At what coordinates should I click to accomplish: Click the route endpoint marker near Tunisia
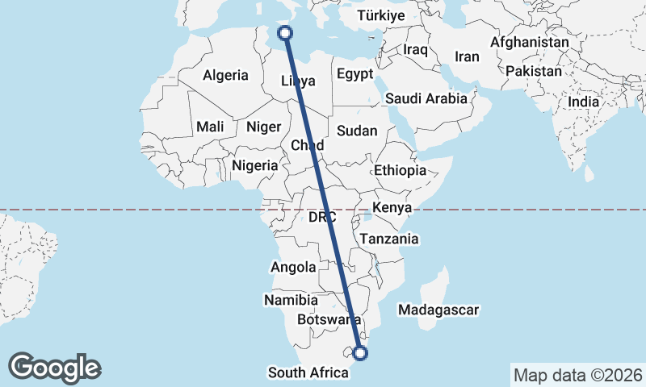coord(284,32)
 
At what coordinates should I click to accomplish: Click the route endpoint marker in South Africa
coord(361,352)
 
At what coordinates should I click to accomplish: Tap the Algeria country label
coord(225,75)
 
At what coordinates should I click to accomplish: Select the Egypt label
coord(354,73)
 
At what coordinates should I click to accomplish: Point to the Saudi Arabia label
coord(426,98)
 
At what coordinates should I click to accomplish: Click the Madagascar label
coord(439,310)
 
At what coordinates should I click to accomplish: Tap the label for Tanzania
coord(390,239)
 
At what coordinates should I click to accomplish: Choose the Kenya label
coord(392,208)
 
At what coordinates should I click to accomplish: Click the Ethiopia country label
coord(400,170)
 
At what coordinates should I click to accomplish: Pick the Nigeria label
coord(254,165)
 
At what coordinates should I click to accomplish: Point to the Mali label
coord(210,127)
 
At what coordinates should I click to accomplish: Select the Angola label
coord(292,268)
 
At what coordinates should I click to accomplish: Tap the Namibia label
coord(291,300)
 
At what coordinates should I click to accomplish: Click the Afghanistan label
coord(530,42)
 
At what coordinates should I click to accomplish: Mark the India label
coord(583,102)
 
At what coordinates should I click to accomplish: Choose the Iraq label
coord(415,50)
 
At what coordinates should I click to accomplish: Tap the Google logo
coord(55,367)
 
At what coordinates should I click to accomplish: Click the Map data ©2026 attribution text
coord(577,375)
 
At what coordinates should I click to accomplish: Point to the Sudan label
coord(357,131)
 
